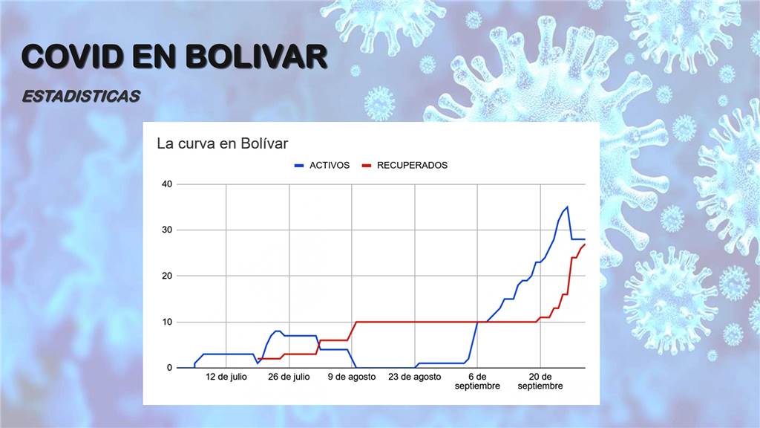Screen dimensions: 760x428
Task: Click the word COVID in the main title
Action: coord(72,56)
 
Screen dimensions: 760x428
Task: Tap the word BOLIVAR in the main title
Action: coord(256,56)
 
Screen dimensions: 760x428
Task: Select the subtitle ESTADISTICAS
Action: coord(81,96)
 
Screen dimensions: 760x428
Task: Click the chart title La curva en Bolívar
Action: coord(223,143)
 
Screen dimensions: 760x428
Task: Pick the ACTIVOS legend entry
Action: coord(322,166)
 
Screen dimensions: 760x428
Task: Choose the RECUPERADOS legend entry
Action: coord(404,166)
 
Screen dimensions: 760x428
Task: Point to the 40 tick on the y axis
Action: coord(167,184)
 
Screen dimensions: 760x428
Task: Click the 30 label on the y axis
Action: coord(167,230)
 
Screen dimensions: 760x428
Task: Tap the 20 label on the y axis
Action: coord(167,276)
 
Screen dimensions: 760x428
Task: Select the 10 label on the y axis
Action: coord(167,322)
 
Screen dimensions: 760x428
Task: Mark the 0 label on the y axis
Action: coord(170,368)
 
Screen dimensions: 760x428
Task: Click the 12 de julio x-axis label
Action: coord(226,377)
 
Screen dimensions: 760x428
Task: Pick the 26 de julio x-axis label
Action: coord(289,377)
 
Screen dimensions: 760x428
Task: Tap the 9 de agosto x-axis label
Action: coord(352,377)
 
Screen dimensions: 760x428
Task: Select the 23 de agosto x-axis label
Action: coord(414,377)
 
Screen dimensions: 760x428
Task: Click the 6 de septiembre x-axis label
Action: coord(477,381)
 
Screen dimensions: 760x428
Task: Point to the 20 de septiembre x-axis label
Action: coord(540,381)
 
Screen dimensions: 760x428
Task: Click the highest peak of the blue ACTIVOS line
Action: coord(567,207)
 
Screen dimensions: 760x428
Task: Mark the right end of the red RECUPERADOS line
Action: coord(585,244)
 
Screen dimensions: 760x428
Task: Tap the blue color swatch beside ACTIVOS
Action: coord(299,166)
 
